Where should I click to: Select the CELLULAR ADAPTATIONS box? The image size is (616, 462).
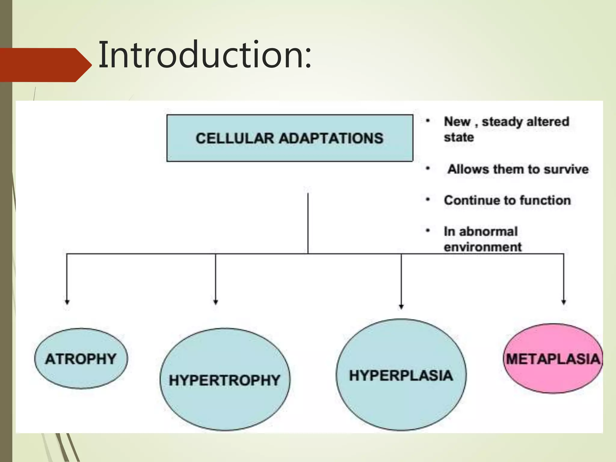pos(290,138)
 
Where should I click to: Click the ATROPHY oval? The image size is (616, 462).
pos(81,359)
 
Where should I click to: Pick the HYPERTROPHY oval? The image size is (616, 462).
pos(225,380)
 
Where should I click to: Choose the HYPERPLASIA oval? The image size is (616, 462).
pos(401,375)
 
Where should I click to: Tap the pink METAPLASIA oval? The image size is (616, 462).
pos(553,359)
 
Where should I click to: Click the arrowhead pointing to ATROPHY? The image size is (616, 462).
pos(67,302)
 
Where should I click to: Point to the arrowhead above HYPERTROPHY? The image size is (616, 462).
pos(215,302)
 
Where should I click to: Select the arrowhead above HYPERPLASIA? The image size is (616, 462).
pos(401,306)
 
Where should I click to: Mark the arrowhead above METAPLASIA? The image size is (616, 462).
pos(564,302)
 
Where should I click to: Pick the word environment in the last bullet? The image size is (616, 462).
pos(482,247)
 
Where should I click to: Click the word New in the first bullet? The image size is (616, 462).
pos(457,122)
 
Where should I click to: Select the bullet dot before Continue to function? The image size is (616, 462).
pos(428,199)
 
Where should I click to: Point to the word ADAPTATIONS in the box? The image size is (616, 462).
pos(331,138)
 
